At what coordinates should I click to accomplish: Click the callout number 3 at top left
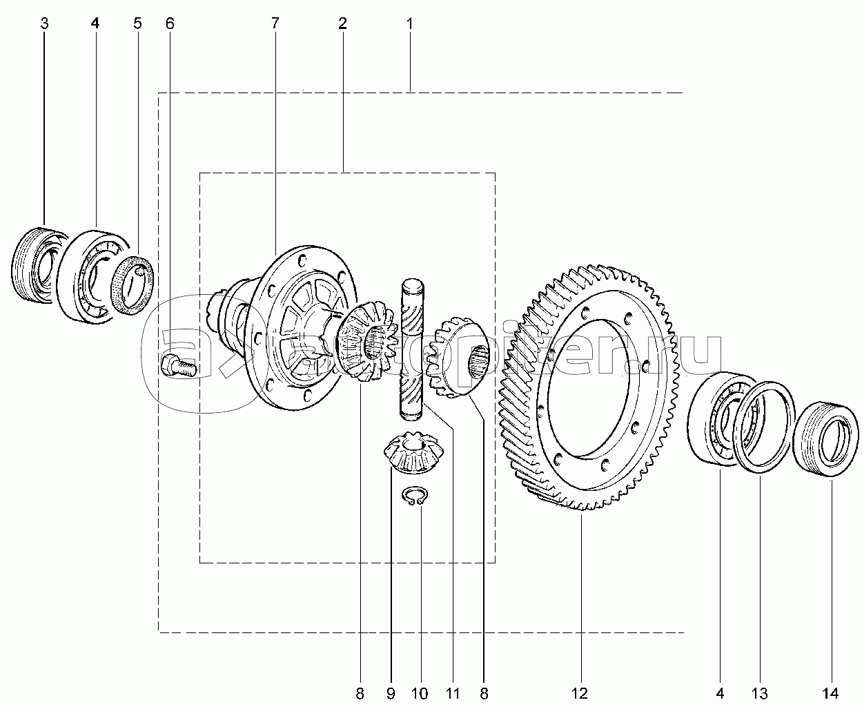[x=45, y=23]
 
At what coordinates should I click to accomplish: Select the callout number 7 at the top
[x=275, y=23]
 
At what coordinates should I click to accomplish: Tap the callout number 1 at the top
[x=409, y=23]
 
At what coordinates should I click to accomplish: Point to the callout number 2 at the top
[x=342, y=23]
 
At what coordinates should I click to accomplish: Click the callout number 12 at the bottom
[x=580, y=693]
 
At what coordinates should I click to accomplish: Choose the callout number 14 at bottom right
[x=830, y=693]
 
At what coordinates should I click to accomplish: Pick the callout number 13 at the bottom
[x=761, y=693]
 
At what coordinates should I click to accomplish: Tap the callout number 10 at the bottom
[x=420, y=693]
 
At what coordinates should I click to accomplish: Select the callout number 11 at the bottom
[x=453, y=693]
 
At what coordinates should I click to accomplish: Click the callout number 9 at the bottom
[x=391, y=693]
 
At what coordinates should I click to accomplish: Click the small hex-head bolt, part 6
[x=179, y=366]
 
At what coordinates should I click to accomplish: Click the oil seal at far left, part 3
[x=36, y=265]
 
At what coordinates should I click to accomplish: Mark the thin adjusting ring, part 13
[x=763, y=427]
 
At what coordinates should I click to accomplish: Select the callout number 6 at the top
[x=170, y=23]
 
